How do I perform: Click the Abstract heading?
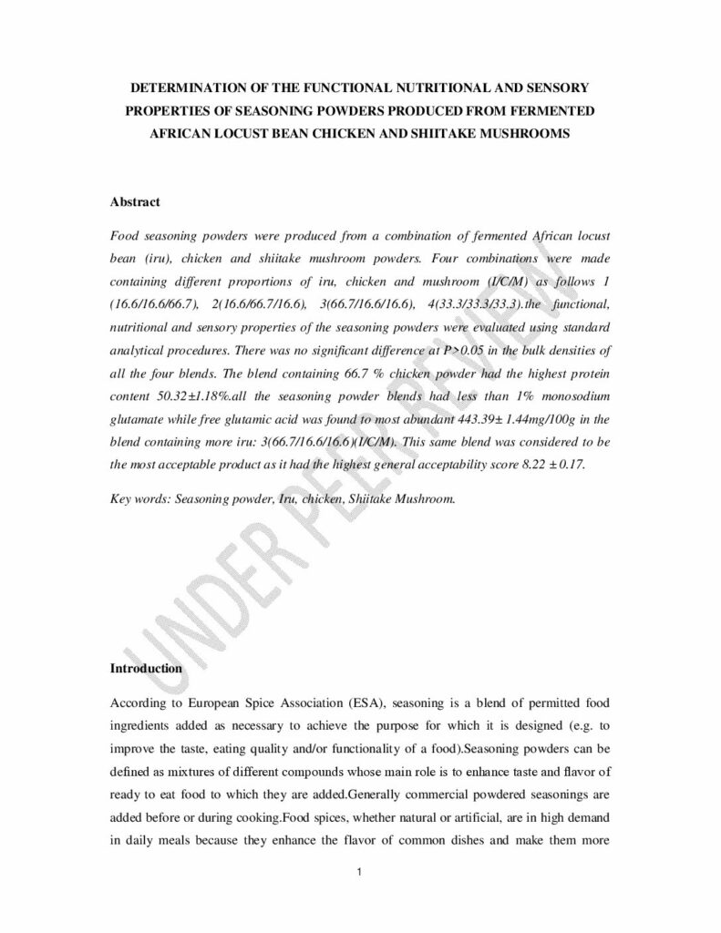pyautogui.click(x=135, y=201)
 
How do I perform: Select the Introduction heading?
pyautogui.click(x=146, y=668)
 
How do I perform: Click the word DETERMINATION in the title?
pyautogui.click(x=188, y=89)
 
